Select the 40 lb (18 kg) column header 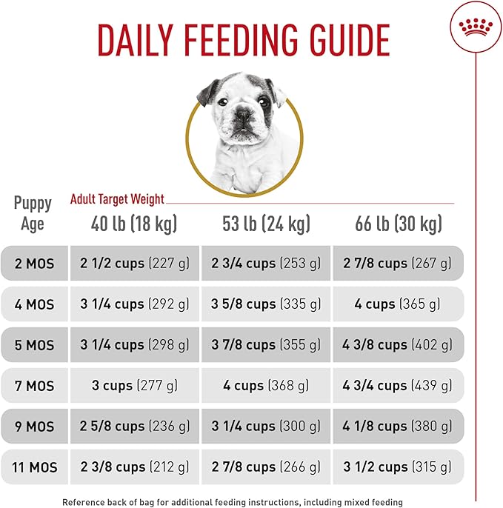point(134,224)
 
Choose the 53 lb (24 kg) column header point(266,224)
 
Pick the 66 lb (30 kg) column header point(398,224)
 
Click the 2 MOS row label point(35,264)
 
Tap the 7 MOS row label point(35,386)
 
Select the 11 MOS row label point(35,467)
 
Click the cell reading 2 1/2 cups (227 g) point(134,264)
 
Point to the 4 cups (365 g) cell point(398,304)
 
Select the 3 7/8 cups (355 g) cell point(266,345)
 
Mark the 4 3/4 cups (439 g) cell point(398,386)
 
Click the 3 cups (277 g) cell point(134,386)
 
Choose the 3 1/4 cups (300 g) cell point(266,427)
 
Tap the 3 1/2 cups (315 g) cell point(398,467)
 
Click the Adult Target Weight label point(117,199)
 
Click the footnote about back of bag point(232,501)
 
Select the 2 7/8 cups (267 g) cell point(398,264)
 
